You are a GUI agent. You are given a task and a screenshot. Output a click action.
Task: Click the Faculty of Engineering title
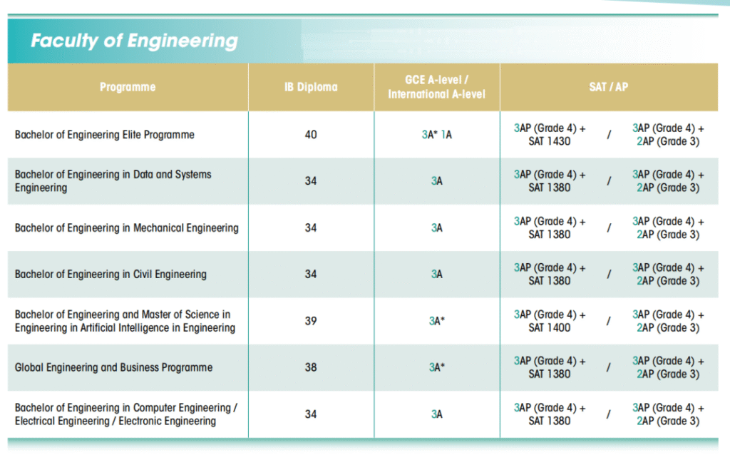(x=134, y=41)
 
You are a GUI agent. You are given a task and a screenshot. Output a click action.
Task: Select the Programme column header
(x=128, y=87)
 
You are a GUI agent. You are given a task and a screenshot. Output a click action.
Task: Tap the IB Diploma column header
(x=311, y=87)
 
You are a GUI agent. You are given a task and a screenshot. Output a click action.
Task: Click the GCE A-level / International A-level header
(x=436, y=87)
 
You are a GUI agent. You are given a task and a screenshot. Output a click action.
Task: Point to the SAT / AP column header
(x=609, y=87)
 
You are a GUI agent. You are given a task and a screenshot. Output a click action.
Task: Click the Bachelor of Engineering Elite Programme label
(x=105, y=134)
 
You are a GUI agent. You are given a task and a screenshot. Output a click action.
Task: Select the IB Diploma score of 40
(x=311, y=134)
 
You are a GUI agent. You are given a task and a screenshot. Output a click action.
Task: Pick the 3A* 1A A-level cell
(x=436, y=134)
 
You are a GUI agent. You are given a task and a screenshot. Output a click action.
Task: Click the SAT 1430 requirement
(x=550, y=141)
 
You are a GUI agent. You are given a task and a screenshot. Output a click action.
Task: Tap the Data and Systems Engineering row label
(x=113, y=181)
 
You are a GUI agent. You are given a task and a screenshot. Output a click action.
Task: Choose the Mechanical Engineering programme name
(x=127, y=228)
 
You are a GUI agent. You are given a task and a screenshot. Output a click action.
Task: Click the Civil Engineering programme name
(x=110, y=275)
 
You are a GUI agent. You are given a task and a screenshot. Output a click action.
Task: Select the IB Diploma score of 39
(x=311, y=321)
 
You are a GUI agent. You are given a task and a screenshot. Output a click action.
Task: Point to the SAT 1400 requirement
(x=550, y=328)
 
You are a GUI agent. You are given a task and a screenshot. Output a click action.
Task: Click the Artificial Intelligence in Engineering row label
(x=125, y=321)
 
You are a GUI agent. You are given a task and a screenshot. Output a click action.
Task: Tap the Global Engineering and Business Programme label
(x=114, y=368)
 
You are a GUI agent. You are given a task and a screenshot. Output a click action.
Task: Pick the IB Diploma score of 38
(x=311, y=368)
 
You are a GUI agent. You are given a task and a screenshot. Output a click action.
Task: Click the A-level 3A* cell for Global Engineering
(x=436, y=368)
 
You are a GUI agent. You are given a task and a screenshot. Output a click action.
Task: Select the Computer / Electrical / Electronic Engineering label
(x=126, y=414)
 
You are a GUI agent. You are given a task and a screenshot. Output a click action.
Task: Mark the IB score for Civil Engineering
(x=311, y=275)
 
